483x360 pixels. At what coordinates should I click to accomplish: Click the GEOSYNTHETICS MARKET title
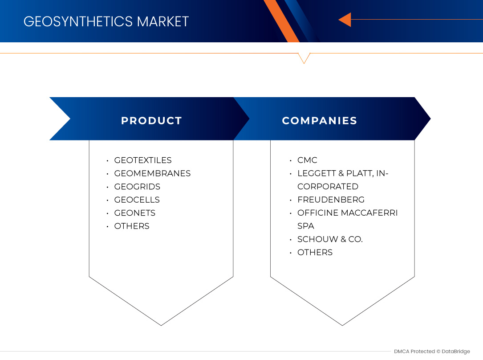click(106, 21)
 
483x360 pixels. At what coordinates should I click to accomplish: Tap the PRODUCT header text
click(151, 121)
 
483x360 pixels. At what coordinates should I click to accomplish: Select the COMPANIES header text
click(319, 121)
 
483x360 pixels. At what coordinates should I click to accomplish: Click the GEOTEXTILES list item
click(142, 160)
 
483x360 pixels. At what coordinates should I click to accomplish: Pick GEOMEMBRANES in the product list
click(152, 173)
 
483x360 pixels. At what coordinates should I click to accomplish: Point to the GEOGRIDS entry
click(137, 187)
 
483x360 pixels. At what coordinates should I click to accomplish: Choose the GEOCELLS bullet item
click(137, 200)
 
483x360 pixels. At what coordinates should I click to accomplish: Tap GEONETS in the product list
click(134, 213)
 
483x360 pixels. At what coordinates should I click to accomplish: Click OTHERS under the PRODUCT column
click(132, 226)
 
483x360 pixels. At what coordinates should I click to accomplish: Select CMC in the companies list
click(307, 160)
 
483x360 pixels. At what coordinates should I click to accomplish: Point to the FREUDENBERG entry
click(331, 200)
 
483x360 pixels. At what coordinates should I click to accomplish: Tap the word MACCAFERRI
click(369, 213)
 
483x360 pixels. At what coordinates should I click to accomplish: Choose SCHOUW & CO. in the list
click(330, 239)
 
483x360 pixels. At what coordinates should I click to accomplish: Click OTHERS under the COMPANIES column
click(315, 252)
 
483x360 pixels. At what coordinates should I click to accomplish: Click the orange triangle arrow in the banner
click(345, 20)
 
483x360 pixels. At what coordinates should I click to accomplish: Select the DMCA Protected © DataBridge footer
click(432, 352)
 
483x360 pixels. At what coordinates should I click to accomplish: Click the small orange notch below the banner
click(304, 58)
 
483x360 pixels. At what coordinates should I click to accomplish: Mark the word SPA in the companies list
click(305, 226)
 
